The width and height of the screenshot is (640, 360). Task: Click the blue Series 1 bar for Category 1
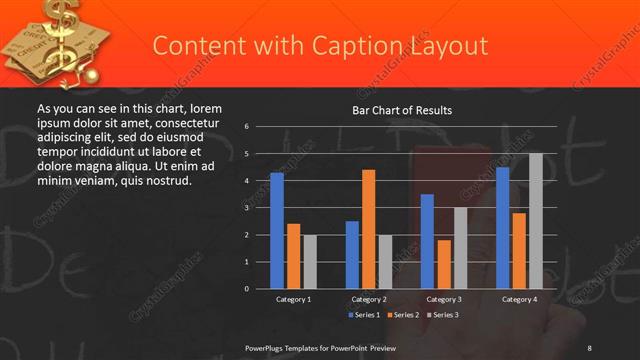click(x=277, y=230)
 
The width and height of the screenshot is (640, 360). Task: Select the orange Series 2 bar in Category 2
click(x=368, y=229)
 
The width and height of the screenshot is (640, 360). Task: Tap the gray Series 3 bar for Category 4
click(x=536, y=221)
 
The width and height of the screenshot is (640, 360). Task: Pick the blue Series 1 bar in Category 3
click(x=427, y=241)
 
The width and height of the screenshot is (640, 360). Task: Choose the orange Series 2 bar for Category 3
click(x=444, y=264)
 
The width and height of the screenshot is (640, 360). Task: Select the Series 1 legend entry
click(x=363, y=315)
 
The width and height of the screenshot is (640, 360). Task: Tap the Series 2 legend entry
click(x=403, y=315)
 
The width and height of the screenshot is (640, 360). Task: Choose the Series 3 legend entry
click(x=443, y=315)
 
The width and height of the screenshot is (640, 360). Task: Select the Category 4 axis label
click(x=519, y=299)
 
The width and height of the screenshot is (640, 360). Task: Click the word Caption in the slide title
click(x=313, y=46)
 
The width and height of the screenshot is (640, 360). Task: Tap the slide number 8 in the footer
click(x=589, y=347)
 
